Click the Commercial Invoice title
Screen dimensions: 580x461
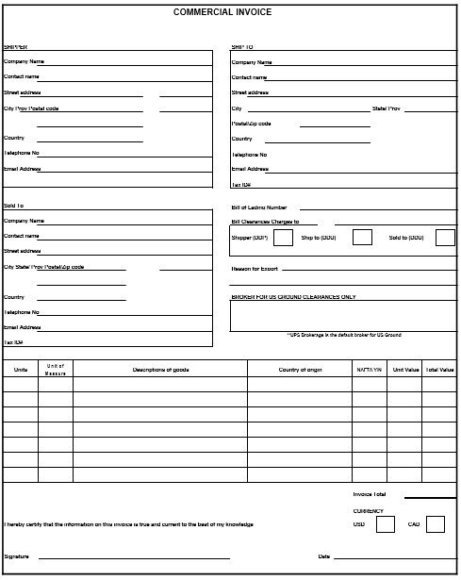pyautogui.click(x=229, y=13)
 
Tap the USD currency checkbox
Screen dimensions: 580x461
pyautogui.click(x=385, y=524)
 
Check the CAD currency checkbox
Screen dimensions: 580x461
pyautogui.click(x=435, y=524)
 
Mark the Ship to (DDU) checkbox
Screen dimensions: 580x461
pyautogui.click(x=361, y=238)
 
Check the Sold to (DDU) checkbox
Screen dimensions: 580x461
pyautogui.click(x=444, y=238)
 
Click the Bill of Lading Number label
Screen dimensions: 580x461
pyautogui.click(x=259, y=207)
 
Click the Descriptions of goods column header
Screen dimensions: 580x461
pyautogui.click(x=160, y=370)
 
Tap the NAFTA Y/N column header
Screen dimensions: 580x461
pyautogui.click(x=369, y=370)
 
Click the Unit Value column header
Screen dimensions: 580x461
pyautogui.click(x=404, y=370)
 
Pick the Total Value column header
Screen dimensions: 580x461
pyautogui.click(x=439, y=370)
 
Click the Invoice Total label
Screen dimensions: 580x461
pyautogui.click(x=370, y=494)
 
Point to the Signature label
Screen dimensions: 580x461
pyautogui.click(x=16, y=556)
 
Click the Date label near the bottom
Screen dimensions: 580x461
pyautogui.click(x=323, y=556)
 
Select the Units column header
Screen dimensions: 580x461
pyautogui.click(x=21, y=370)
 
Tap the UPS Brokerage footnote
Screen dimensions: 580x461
pyautogui.click(x=344, y=335)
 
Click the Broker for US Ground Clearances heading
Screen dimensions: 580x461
pyautogui.click(x=293, y=297)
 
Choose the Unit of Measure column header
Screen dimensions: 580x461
pyautogui.click(x=56, y=370)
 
